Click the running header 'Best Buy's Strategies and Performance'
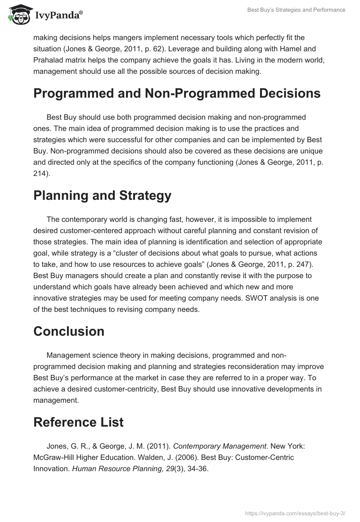click(296, 10)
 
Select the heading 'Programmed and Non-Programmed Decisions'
click(177, 93)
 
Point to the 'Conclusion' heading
click(69, 331)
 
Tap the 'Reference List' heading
click(78, 422)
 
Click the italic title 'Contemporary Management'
click(220, 446)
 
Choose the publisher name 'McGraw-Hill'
click(52, 457)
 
